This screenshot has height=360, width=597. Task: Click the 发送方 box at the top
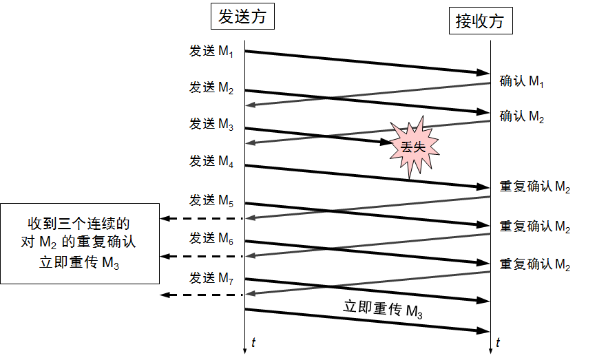point(242,17)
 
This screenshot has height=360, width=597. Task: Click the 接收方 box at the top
point(481,21)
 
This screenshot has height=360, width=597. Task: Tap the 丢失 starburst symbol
point(414,147)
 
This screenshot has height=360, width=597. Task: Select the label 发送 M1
point(211,51)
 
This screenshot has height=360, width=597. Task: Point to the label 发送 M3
point(211,124)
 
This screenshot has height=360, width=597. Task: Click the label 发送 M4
point(211,161)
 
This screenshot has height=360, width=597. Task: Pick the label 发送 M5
point(211,200)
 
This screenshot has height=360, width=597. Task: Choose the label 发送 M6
point(211,238)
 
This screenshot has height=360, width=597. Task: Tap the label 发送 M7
point(211,278)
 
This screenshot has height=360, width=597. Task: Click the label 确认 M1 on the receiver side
point(522,81)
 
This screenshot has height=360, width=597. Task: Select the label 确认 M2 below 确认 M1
point(522,116)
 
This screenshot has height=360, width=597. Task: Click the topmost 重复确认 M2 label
point(535,187)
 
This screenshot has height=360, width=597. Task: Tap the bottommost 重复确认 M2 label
point(535,264)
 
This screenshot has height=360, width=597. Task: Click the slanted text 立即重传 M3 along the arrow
point(383,309)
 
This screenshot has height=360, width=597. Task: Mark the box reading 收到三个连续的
point(80,244)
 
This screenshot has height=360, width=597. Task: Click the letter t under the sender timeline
point(253,343)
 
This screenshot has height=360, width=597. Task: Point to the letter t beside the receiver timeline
point(498,343)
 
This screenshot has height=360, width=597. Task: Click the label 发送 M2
point(211,87)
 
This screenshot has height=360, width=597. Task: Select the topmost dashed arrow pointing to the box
point(202,218)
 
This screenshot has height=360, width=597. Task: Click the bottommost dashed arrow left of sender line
point(202,295)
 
